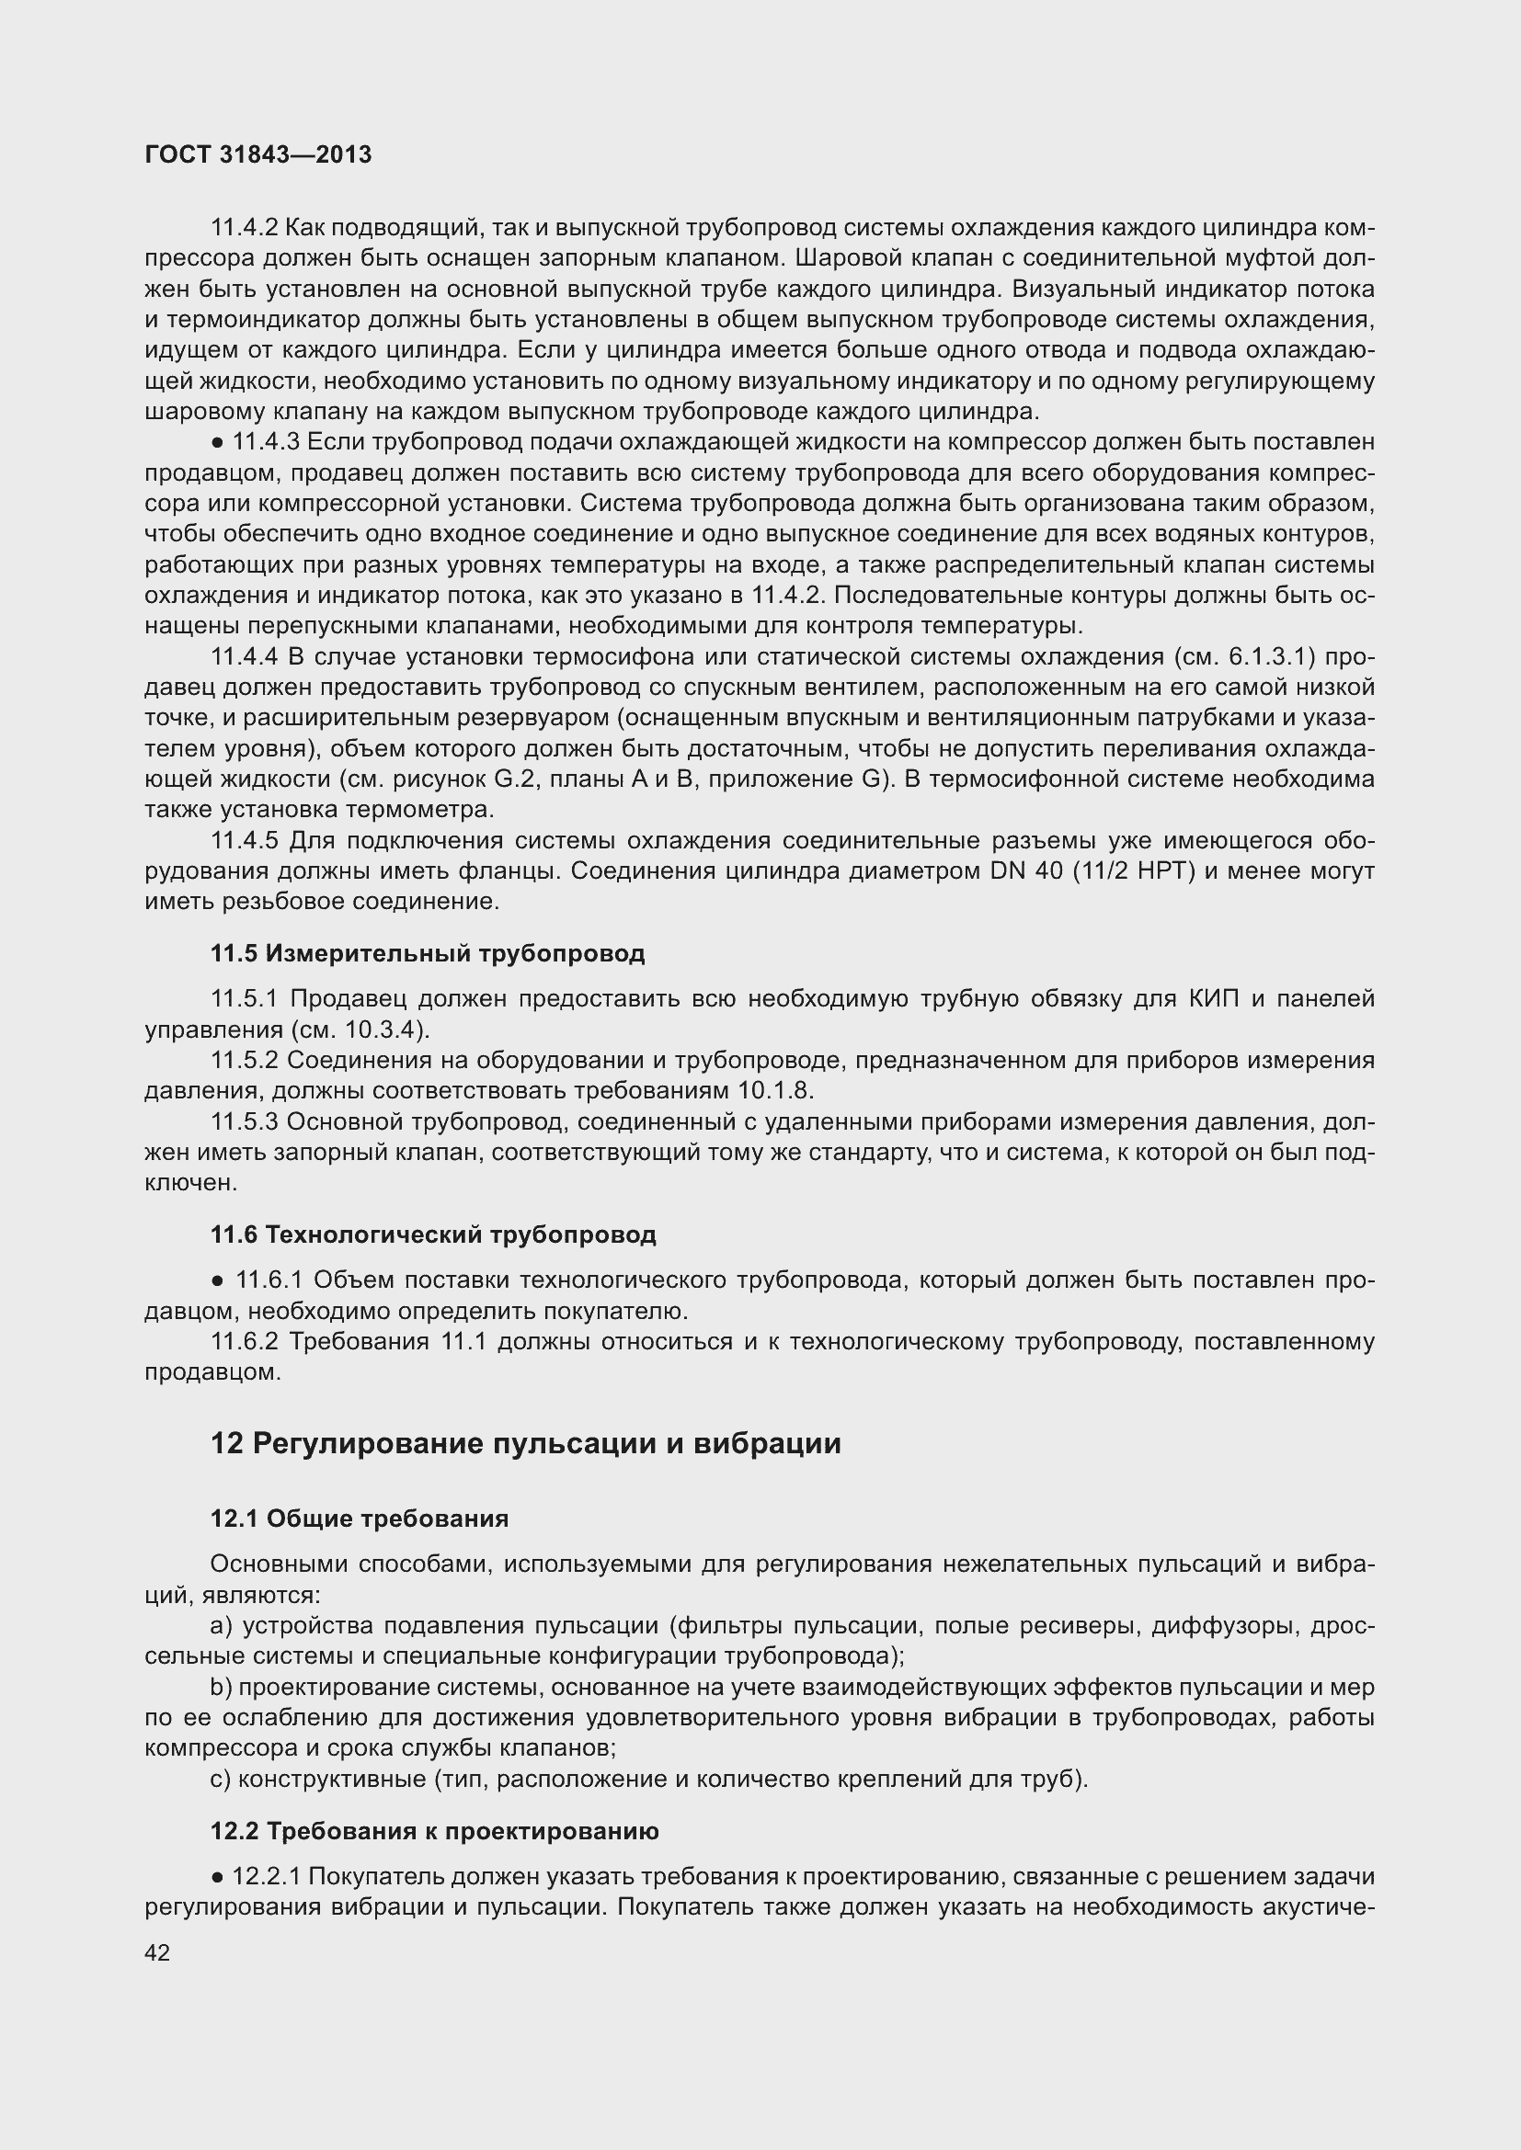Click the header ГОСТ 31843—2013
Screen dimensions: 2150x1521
258,154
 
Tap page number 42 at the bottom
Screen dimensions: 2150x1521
157,1952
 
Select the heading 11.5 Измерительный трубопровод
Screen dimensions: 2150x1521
427,953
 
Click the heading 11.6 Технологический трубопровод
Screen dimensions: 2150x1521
433,1234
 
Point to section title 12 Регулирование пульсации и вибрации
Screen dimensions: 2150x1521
524,1443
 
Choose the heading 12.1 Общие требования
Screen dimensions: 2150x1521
359,1518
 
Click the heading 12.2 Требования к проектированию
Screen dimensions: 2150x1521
434,1831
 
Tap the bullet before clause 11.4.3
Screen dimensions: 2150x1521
218,442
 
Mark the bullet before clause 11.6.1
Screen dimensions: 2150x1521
218,1280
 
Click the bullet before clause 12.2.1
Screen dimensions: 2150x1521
218,1877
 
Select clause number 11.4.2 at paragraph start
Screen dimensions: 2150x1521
244,228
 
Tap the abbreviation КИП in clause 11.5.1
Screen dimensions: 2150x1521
1214,999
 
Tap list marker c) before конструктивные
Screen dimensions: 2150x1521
220,1779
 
